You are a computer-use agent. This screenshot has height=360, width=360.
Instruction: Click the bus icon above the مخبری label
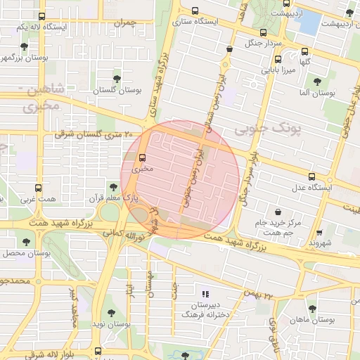[x=143, y=157]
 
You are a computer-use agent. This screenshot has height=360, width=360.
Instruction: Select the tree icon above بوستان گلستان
[x=116, y=78]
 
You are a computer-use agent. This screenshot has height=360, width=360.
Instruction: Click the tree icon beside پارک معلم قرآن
[x=113, y=187]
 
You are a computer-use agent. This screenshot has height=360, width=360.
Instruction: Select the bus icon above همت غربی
[x=38, y=188]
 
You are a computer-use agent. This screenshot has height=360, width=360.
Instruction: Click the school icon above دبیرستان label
[x=205, y=293]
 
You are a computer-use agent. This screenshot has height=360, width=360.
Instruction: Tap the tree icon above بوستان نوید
[x=110, y=312]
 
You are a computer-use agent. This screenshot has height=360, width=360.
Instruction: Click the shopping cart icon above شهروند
[x=320, y=233]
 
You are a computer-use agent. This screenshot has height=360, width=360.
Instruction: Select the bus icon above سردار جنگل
[x=263, y=32]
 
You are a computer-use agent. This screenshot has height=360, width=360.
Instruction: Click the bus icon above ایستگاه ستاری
[x=195, y=11]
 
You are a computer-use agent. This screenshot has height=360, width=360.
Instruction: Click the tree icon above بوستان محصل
[x=26, y=241]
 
